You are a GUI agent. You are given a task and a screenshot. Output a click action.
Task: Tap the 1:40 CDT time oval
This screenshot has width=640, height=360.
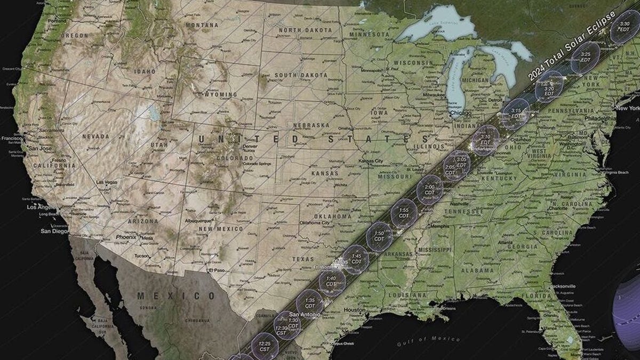pyautogui.click(x=332, y=281)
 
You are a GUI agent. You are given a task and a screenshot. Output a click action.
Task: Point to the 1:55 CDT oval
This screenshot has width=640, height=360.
pyautogui.click(x=404, y=213)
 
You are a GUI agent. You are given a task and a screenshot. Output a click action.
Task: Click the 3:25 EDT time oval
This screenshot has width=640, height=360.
pyautogui.click(x=586, y=57)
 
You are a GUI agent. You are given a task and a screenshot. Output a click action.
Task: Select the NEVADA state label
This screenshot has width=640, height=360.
pyautogui.click(x=95, y=137)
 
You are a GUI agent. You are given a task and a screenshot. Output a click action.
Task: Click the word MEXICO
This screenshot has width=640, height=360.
pyautogui.click(x=169, y=295)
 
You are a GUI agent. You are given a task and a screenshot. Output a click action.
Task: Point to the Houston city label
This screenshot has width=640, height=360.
pyautogui.click(x=355, y=310)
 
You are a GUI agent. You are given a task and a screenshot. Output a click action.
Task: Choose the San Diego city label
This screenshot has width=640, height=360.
pyautogui.click(x=55, y=231)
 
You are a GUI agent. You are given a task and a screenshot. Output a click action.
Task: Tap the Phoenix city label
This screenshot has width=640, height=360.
pyautogui.click(x=126, y=237)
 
